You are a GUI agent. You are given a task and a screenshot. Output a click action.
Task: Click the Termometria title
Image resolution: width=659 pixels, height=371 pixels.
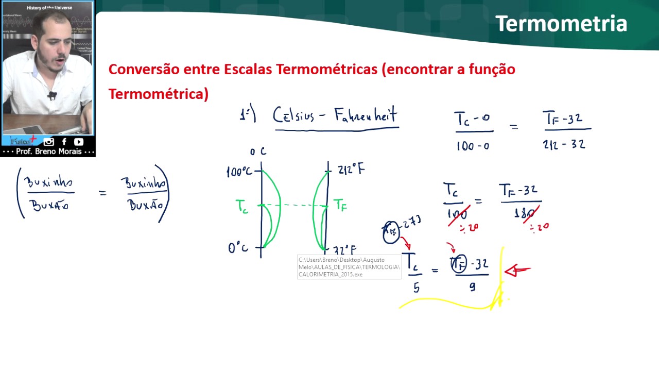[x=561, y=24]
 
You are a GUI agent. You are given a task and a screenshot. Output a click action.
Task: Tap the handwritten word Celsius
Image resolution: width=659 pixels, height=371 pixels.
[x=293, y=115]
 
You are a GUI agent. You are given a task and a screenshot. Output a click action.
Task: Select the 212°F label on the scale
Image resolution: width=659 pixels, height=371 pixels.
[x=351, y=169]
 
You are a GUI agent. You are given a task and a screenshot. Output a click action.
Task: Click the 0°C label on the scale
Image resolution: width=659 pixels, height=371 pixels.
[x=238, y=248]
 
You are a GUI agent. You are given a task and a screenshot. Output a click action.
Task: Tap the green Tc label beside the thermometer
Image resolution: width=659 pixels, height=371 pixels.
[x=242, y=207]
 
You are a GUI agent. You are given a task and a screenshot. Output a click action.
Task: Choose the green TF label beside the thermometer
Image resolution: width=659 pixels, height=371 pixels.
[x=340, y=205]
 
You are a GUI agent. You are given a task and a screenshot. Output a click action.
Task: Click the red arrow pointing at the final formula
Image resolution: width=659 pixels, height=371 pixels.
[x=517, y=270]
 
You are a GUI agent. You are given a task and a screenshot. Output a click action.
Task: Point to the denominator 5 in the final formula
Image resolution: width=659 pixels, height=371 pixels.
[x=416, y=288]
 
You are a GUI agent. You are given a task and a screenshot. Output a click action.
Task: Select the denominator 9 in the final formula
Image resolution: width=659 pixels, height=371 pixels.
[x=472, y=287]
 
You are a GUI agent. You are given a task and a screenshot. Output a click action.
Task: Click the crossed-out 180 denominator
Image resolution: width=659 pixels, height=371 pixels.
[x=525, y=212]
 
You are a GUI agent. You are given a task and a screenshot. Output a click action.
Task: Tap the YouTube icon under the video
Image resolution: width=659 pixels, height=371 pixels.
[x=79, y=142]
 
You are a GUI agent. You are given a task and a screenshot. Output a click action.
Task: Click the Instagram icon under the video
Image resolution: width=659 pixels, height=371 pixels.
[x=49, y=142]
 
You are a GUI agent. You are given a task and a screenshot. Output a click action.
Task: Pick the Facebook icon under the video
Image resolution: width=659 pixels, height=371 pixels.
[x=64, y=142]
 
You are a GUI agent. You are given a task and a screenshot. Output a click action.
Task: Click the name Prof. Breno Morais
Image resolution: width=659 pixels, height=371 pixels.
[x=49, y=152]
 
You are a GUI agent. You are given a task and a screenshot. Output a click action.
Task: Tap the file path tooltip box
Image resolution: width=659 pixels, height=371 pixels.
[x=349, y=267]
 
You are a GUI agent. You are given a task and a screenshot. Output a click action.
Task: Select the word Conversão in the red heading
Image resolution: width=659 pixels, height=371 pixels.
[x=138, y=69]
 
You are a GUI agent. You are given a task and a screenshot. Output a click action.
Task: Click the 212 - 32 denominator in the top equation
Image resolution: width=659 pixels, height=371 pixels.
[x=564, y=145]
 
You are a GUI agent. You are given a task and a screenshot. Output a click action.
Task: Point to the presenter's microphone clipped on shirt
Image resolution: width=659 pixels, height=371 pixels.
[x=52, y=95]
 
